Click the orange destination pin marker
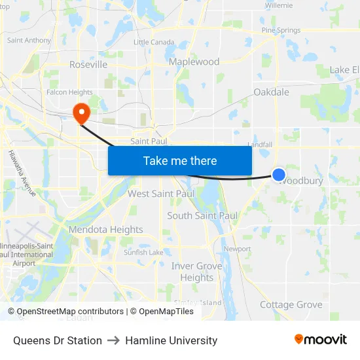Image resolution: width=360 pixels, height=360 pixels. tap(82, 112)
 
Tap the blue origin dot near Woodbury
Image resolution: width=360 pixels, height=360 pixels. tap(279, 174)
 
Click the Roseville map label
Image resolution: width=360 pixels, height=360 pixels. tap(88, 65)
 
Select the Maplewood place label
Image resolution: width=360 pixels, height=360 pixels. tap(194, 62)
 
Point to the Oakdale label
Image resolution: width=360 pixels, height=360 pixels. tap(271, 92)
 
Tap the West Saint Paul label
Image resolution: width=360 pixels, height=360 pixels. tap(161, 194)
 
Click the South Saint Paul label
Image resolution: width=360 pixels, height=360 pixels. tap(202, 215)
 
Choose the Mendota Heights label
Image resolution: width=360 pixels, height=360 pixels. tap(105, 230)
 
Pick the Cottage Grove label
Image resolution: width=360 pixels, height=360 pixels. tap(291, 304)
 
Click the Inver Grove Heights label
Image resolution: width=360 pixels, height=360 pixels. tap(192, 272)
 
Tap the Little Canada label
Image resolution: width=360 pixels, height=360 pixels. tap(151, 42)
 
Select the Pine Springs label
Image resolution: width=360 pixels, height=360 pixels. tap(281, 30)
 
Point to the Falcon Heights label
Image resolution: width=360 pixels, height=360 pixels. tap(69, 92)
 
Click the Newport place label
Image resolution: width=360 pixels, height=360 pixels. tap(238, 249)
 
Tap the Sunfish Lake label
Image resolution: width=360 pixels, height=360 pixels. tap(143, 252)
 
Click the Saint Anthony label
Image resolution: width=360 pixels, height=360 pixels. tap(29, 41)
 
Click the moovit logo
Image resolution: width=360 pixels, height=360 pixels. tap(321, 340)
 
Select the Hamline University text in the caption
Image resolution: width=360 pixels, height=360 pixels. tap(171, 340)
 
